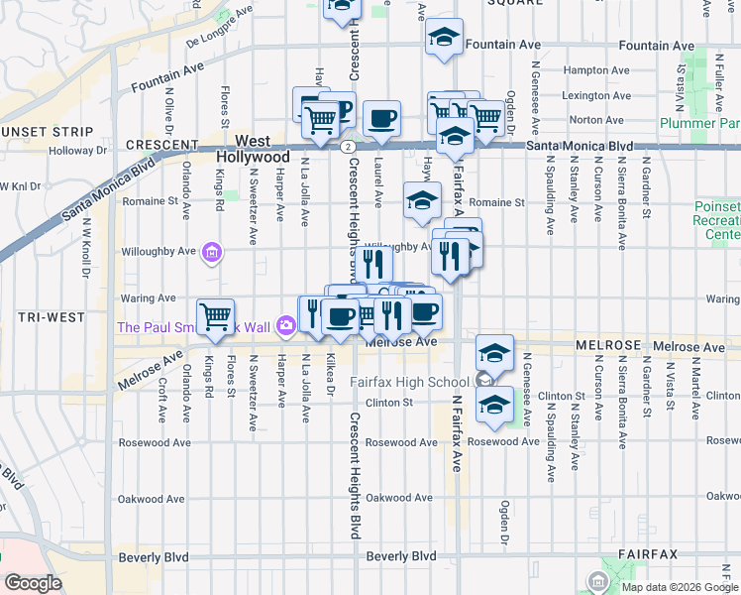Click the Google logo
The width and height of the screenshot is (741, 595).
(x=33, y=582)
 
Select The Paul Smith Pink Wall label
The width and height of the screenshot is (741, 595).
(x=193, y=327)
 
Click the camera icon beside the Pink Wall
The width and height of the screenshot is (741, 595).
(x=286, y=324)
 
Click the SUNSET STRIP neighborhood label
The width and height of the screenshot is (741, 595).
(x=38, y=131)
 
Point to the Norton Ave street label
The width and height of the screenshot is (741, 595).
(x=597, y=119)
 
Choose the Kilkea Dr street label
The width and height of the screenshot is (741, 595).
(x=330, y=373)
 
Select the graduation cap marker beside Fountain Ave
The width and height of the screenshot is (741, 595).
(x=445, y=39)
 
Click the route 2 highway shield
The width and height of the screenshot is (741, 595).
(x=348, y=147)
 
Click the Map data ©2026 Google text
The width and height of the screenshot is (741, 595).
(x=679, y=587)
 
